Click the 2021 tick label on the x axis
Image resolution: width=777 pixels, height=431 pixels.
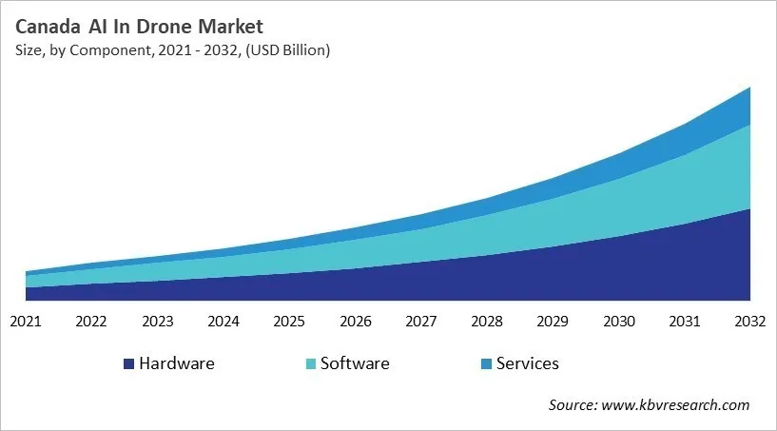tap(26, 322)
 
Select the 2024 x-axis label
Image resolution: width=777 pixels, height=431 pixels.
tap(223, 322)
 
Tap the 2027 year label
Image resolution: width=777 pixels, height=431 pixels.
tap(421, 322)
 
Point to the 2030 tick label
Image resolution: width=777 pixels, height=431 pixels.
tap(619, 322)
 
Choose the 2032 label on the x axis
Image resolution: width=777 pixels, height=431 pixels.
tap(750, 322)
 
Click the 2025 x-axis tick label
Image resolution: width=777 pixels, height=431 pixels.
tap(289, 322)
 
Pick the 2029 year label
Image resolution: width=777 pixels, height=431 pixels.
tap(553, 322)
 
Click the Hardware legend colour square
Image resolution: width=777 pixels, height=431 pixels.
tap(128, 364)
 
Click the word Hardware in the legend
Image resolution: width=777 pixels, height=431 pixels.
tap(177, 363)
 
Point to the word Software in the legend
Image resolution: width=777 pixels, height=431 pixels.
tap(355, 363)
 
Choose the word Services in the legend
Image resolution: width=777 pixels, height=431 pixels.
tap(528, 363)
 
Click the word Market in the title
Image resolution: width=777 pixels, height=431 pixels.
tap(229, 26)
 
